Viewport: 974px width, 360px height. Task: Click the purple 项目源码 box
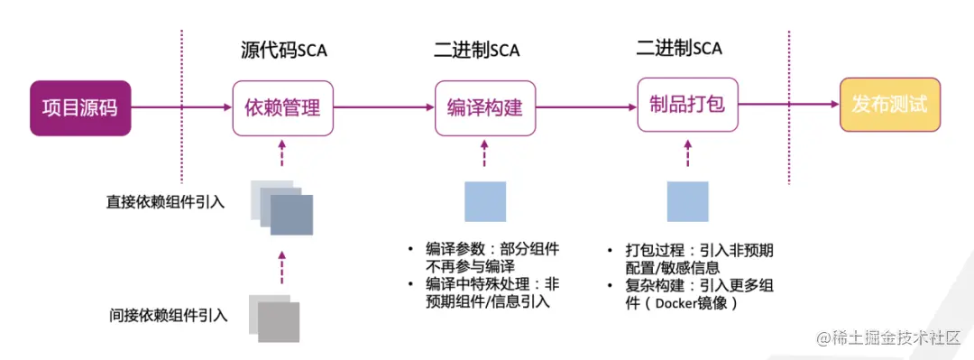(x=80, y=107)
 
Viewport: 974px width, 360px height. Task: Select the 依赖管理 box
(x=282, y=108)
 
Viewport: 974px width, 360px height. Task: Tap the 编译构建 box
(x=484, y=108)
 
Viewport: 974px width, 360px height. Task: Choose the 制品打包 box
(x=687, y=105)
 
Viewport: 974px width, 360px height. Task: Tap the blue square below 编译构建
(x=485, y=201)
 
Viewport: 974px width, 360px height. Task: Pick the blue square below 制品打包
(x=687, y=201)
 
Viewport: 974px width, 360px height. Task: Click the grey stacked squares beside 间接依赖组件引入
(x=274, y=318)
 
